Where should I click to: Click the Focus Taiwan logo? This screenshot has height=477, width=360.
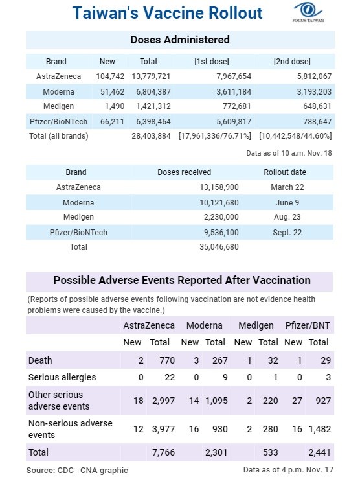click(x=308, y=12)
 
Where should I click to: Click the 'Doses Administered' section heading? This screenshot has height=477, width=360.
click(x=180, y=40)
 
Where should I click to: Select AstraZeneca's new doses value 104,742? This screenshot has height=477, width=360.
click(x=110, y=76)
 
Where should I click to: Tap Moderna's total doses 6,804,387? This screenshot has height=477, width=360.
click(x=153, y=92)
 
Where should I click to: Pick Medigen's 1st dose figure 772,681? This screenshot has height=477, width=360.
click(x=234, y=106)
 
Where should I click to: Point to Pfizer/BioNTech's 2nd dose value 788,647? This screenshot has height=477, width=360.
click(x=317, y=122)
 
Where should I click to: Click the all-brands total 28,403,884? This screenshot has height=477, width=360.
click(x=151, y=136)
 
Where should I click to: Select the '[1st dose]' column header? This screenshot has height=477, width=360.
click(x=212, y=62)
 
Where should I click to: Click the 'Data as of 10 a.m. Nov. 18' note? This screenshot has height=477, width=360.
click(x=289, y=153)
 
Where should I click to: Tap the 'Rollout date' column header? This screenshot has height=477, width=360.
click(x=285, y=172)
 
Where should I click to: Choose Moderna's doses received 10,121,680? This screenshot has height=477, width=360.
click(x=219, y=203)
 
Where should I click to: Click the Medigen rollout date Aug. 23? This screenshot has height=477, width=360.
click(x=287, y=217)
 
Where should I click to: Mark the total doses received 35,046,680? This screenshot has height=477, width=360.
click(x=219, y=247)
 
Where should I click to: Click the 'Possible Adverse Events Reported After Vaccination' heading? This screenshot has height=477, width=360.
click(x=182, y=280)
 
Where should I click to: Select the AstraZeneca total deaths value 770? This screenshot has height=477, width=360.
click(x=167, y=360)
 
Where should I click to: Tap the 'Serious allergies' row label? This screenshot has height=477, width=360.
click(x=62, y=377)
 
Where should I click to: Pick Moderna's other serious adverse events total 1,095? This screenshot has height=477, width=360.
click(x=216, y=401)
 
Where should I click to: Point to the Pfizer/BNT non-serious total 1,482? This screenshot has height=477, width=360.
click(x=320, y=429)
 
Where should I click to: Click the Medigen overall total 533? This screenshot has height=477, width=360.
click(x=271, y=452)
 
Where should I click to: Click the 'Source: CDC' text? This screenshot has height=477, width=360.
click(x=50, y=471)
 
